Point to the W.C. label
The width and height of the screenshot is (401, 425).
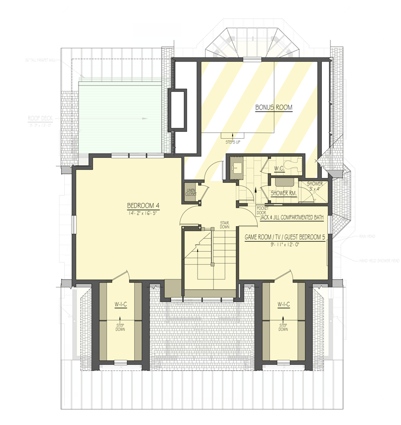(x=280, y=169)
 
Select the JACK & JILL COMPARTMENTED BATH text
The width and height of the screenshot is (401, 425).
(x=292, y=217)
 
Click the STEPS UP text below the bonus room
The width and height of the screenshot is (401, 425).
(x=231, y=142)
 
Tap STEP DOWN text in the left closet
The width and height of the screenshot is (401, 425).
(x=120, y=327)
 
